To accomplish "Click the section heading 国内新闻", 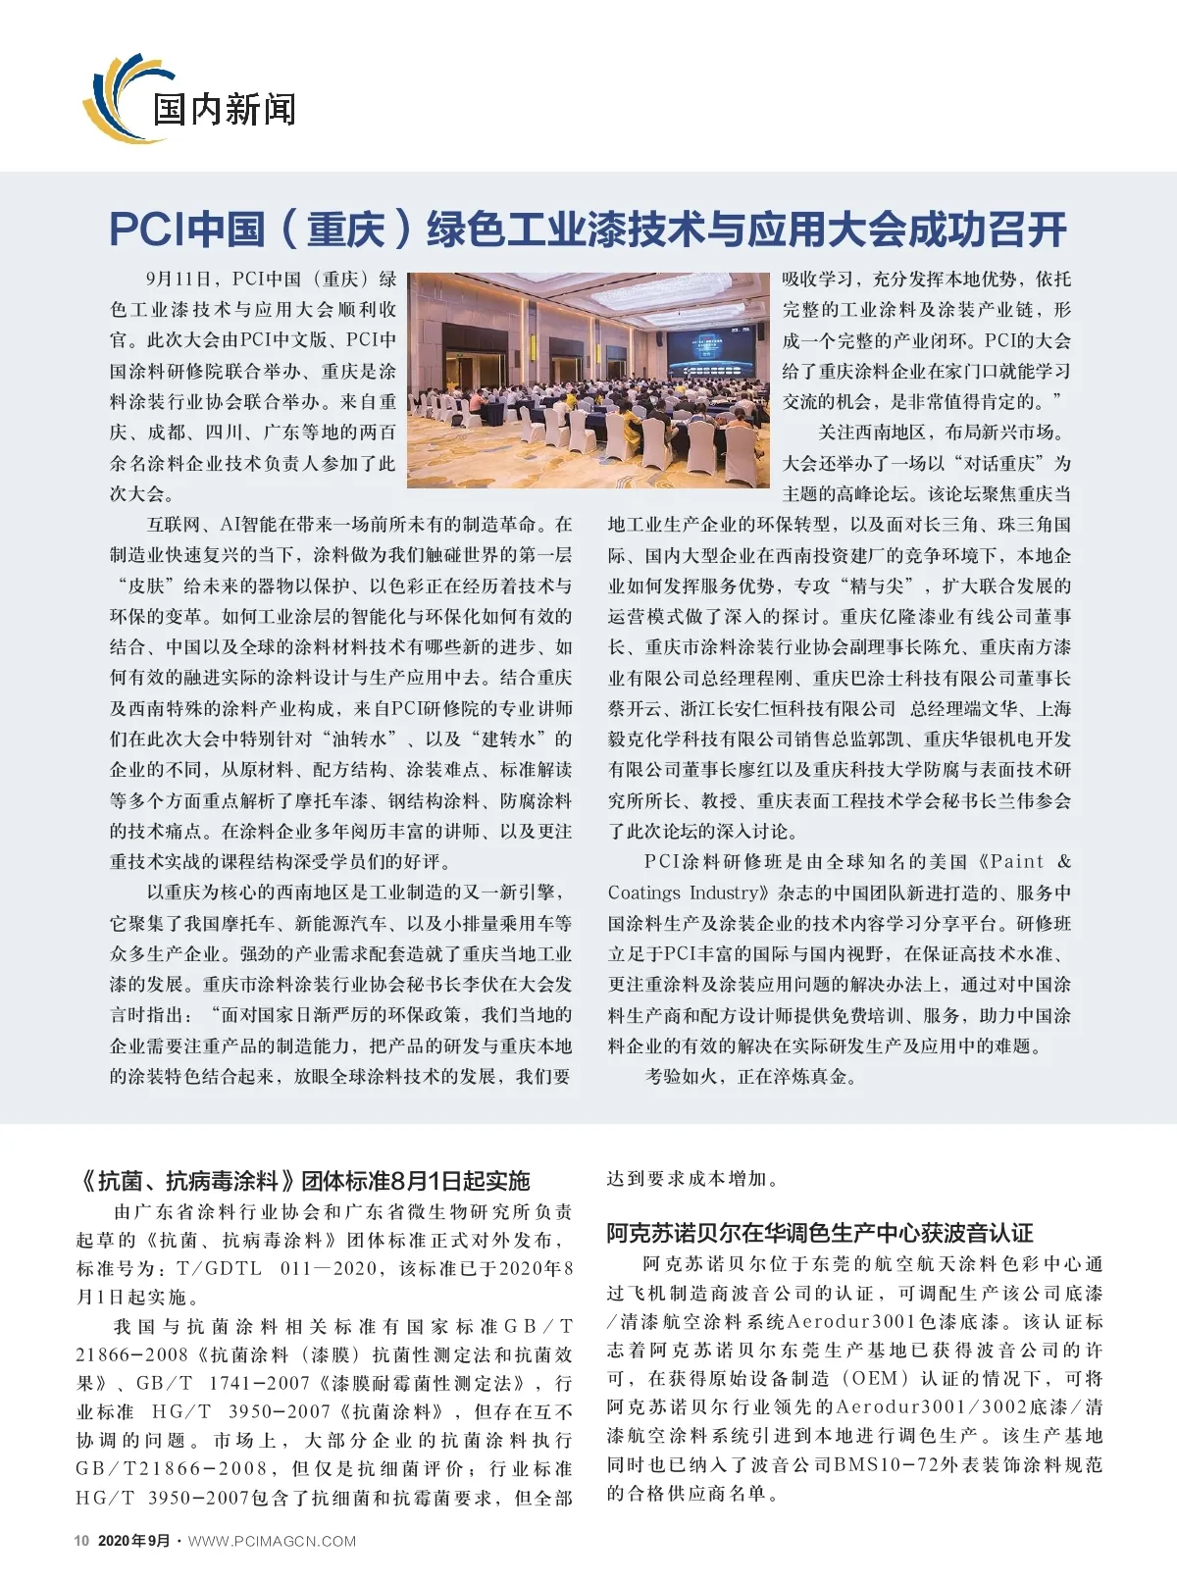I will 224,109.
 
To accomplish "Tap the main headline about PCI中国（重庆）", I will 588,229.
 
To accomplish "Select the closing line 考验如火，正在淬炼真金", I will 751,1077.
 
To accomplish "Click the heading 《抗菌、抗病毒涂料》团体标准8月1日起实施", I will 304,1181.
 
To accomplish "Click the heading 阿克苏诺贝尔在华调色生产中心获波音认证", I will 820,1233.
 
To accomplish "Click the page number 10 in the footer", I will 82,1541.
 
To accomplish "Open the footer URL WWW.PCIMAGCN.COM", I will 273,1541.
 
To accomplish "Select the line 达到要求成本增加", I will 692,1178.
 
